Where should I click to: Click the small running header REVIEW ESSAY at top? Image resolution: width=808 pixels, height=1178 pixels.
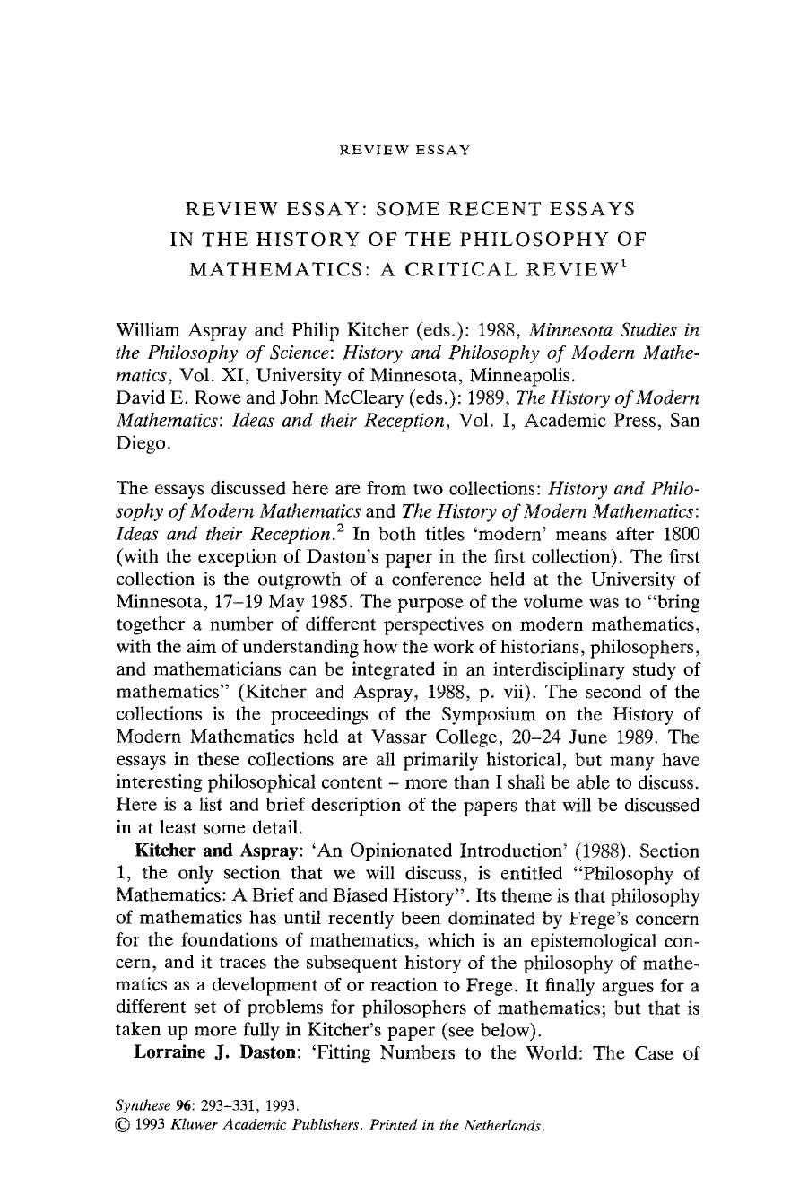(x=404, y=150)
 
